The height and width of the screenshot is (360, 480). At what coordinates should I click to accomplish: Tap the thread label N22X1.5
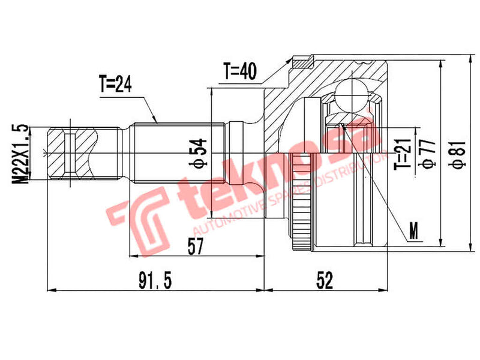(x=23, y=152)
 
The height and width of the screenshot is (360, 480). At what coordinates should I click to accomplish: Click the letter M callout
(x=412, y=229)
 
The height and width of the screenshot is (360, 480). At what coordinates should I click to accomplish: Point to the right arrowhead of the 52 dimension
(x=387, y=291)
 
